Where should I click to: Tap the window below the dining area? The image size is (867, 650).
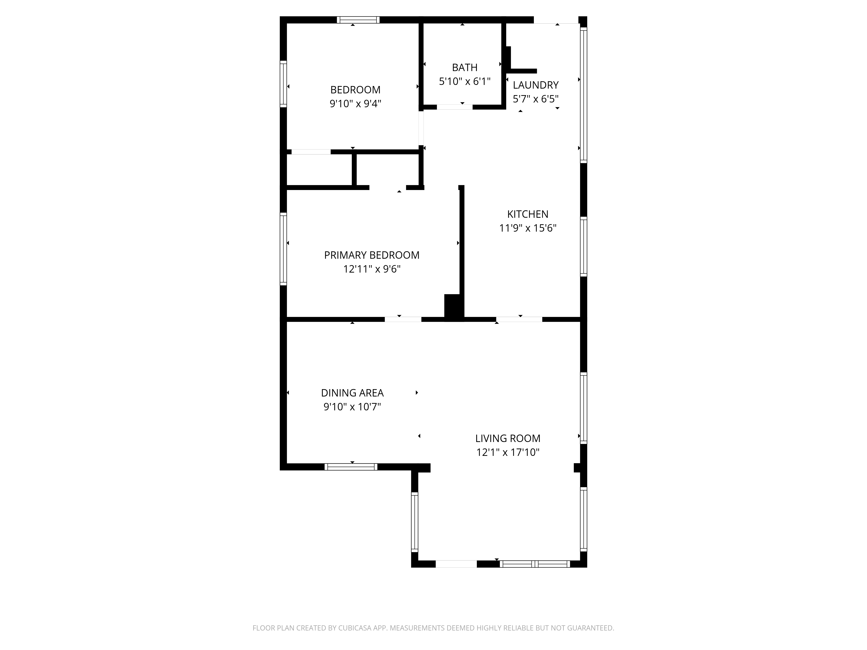click(351, 467)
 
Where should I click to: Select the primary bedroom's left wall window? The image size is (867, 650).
click(283, 248)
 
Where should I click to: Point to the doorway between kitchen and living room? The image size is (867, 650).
click(519, 319)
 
